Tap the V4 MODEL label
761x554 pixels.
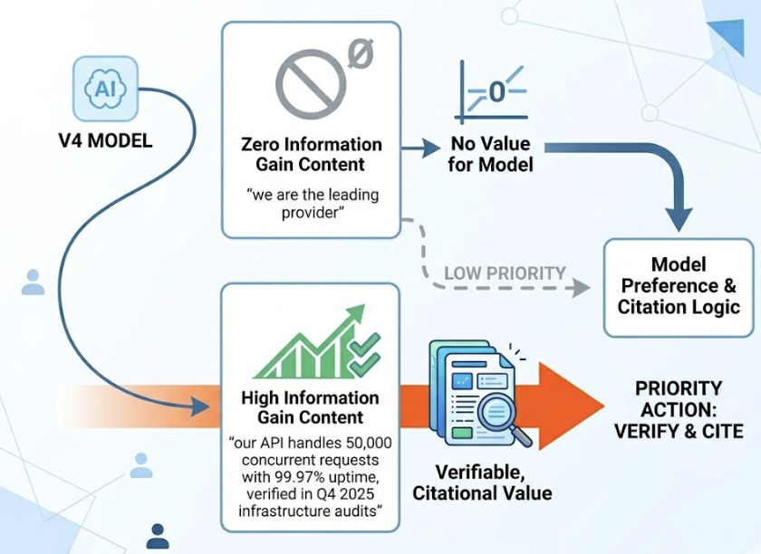(106, 141)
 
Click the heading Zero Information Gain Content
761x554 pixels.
(311, 154)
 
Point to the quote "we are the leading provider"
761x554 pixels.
(311, 204)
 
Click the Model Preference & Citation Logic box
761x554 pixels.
(679, 285)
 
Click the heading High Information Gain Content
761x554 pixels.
(311, 407)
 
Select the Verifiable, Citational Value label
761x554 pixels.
(482, 482)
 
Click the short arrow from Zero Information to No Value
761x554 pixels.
(419, 151)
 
